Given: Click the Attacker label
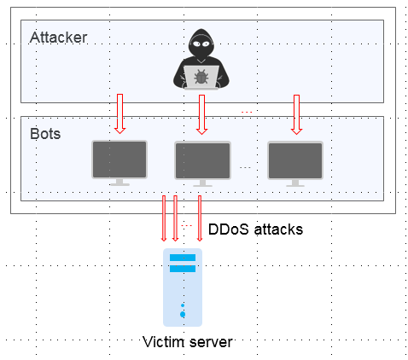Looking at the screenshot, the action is (58, 38).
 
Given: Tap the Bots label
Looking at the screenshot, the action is (45, 134).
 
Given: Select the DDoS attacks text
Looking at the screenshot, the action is (255, 229).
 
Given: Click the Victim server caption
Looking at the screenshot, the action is (188, 342).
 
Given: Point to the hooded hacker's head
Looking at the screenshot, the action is (201, 44).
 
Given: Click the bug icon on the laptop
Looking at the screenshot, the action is (201, 77).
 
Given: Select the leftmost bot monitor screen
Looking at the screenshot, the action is (119, 160).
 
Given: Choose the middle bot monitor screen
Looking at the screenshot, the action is (202, 160).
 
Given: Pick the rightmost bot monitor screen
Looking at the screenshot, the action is (295, 160).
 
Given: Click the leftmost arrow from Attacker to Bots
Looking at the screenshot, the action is (120, 113).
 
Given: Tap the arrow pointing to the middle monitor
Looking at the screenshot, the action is (201, 114).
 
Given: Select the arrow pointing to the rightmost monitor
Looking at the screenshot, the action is (296, 114).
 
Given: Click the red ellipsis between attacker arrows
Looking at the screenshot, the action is (247, 112).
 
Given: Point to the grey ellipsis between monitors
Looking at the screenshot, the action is (245, 167).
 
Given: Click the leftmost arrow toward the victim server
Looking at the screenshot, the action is (164, 218).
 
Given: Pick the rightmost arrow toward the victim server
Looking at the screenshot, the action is (200, 218).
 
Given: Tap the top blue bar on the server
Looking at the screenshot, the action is (183, 258).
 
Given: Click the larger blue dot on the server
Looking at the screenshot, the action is (183, 314).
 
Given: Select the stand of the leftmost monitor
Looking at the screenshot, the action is (119, 183).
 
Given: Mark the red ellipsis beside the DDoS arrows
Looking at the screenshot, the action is (187, 226).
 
